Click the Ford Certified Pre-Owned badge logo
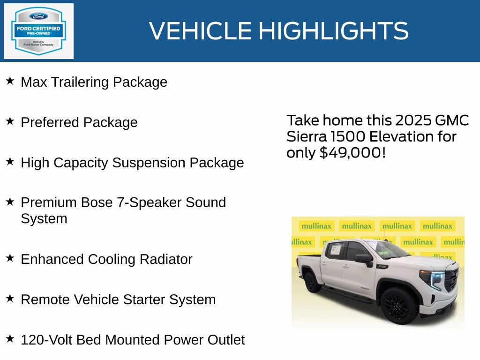[x=38, y=31]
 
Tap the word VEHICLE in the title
[x=201, y=31]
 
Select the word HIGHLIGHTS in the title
[x=333, y=31]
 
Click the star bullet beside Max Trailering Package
[x=10, y=81]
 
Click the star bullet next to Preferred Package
[x=10, y=121]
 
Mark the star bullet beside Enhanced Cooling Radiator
[x=10, y=258]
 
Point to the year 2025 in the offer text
[x=413, y=120]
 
